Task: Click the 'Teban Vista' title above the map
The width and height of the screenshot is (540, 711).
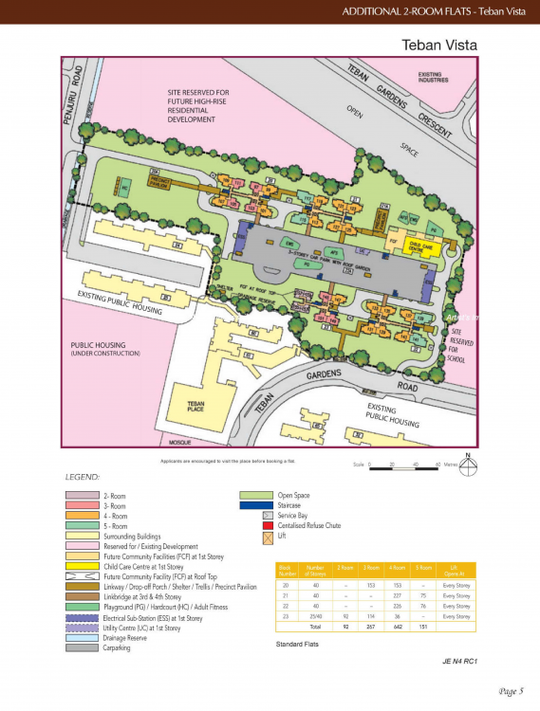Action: click(x=438, y=45)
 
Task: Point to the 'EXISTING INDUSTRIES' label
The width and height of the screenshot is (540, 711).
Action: click(x=438, y=76)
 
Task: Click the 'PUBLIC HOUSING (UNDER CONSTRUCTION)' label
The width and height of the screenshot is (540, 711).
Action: click(x=104, y=349)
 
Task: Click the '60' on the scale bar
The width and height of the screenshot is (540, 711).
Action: click(x=438, y=465)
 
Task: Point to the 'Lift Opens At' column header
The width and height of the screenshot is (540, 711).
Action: click(x=456, y=571)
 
